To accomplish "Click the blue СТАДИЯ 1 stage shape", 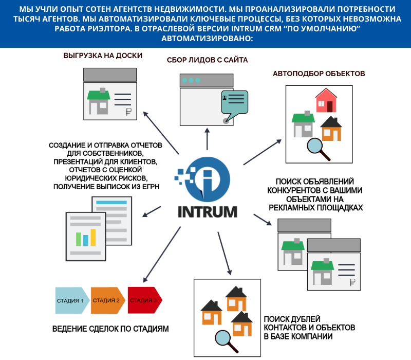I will (x=70, y=300).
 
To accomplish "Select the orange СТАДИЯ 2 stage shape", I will (x=107, y=300).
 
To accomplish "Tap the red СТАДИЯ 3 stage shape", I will (x=144, y=300).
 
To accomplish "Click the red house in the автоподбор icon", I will (x=326, y=100).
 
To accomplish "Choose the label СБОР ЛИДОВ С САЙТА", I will (x=208, y=60).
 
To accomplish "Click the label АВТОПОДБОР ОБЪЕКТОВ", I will (x=319, y=74).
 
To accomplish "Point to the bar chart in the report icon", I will (x=83, y=238).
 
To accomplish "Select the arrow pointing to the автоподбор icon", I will (x=263, y=152).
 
